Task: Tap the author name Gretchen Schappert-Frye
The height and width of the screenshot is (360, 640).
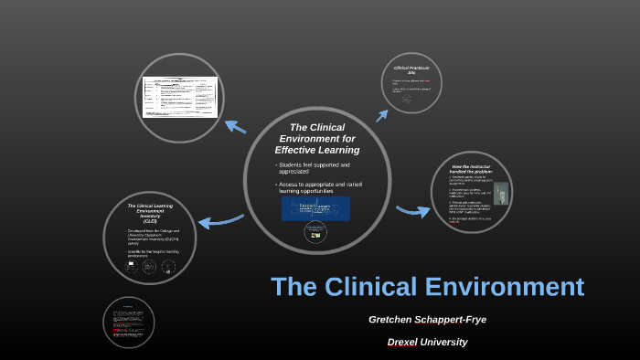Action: (427, 320)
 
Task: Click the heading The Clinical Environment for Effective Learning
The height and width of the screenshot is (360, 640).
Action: (317, 138)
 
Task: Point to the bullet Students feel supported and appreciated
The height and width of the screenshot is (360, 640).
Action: (314, 168)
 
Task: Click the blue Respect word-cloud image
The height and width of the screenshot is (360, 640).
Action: (315, 208)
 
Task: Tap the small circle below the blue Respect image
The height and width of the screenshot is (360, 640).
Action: (315, 233)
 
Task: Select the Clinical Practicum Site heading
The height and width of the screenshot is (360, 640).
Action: (411, 70)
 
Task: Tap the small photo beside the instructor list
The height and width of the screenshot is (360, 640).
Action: (501, 194)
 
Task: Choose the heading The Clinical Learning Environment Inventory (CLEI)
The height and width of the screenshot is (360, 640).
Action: (150, 213)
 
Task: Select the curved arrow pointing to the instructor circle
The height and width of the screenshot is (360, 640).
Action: (412, 212)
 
